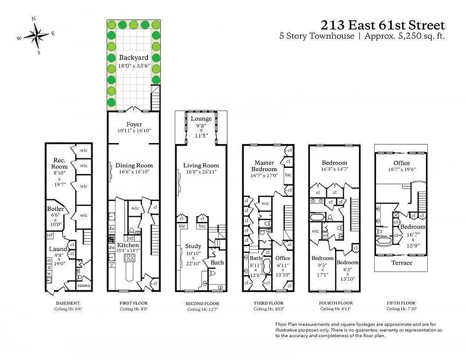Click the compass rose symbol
36,35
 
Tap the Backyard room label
134,58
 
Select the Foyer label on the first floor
134,124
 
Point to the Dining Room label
134,165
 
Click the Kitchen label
128,245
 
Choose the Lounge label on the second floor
201,119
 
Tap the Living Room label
201,165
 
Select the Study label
193,246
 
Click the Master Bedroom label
264,166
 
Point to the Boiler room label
56,209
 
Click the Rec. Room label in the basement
60,163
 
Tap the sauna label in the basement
84,286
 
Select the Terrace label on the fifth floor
402,263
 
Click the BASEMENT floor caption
68,303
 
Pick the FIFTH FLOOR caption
401,303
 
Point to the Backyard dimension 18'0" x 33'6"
134,65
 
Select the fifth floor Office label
401,163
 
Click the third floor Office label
283,258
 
